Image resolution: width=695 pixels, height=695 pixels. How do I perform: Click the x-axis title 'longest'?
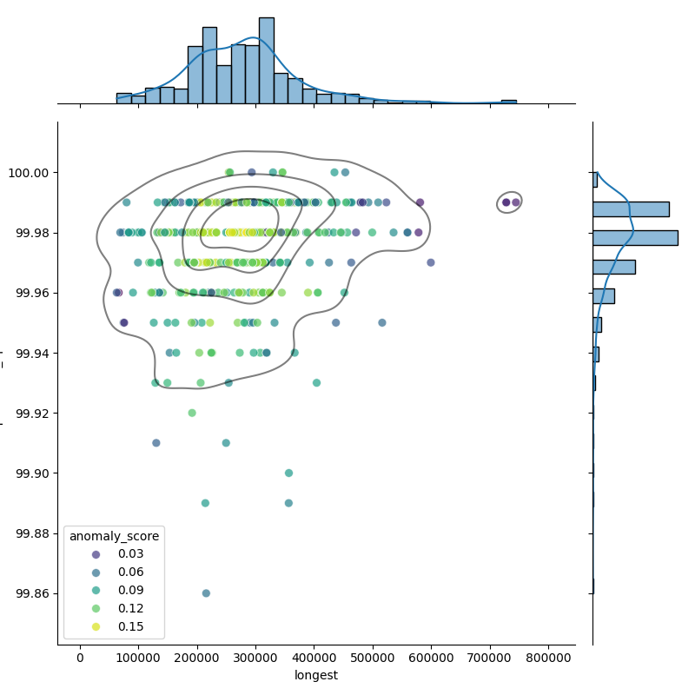(316, 675)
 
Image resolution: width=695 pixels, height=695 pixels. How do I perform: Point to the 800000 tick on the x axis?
(548, 658)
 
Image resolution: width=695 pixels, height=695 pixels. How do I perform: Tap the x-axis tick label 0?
(81, 658)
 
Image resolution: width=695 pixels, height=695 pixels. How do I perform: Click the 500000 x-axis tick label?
(373, 658)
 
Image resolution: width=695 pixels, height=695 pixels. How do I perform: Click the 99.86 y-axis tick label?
(36, 593)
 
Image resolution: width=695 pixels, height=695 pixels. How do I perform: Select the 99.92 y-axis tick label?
(36, 414)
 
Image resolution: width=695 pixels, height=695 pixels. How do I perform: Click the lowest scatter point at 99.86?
(206, 593)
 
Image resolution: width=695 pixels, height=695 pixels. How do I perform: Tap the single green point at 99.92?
(192, 413)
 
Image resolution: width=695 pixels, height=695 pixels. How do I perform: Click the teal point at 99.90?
(288, 473)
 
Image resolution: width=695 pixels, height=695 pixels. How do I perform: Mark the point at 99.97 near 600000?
(431, 262)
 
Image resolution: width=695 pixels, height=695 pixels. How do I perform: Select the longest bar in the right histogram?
(635, 237)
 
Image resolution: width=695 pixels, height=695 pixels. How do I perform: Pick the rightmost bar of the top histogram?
(509, 102)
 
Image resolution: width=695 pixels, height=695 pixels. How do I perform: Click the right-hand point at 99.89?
(288, 503)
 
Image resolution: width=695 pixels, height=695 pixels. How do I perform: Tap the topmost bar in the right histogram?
(595, 180)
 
